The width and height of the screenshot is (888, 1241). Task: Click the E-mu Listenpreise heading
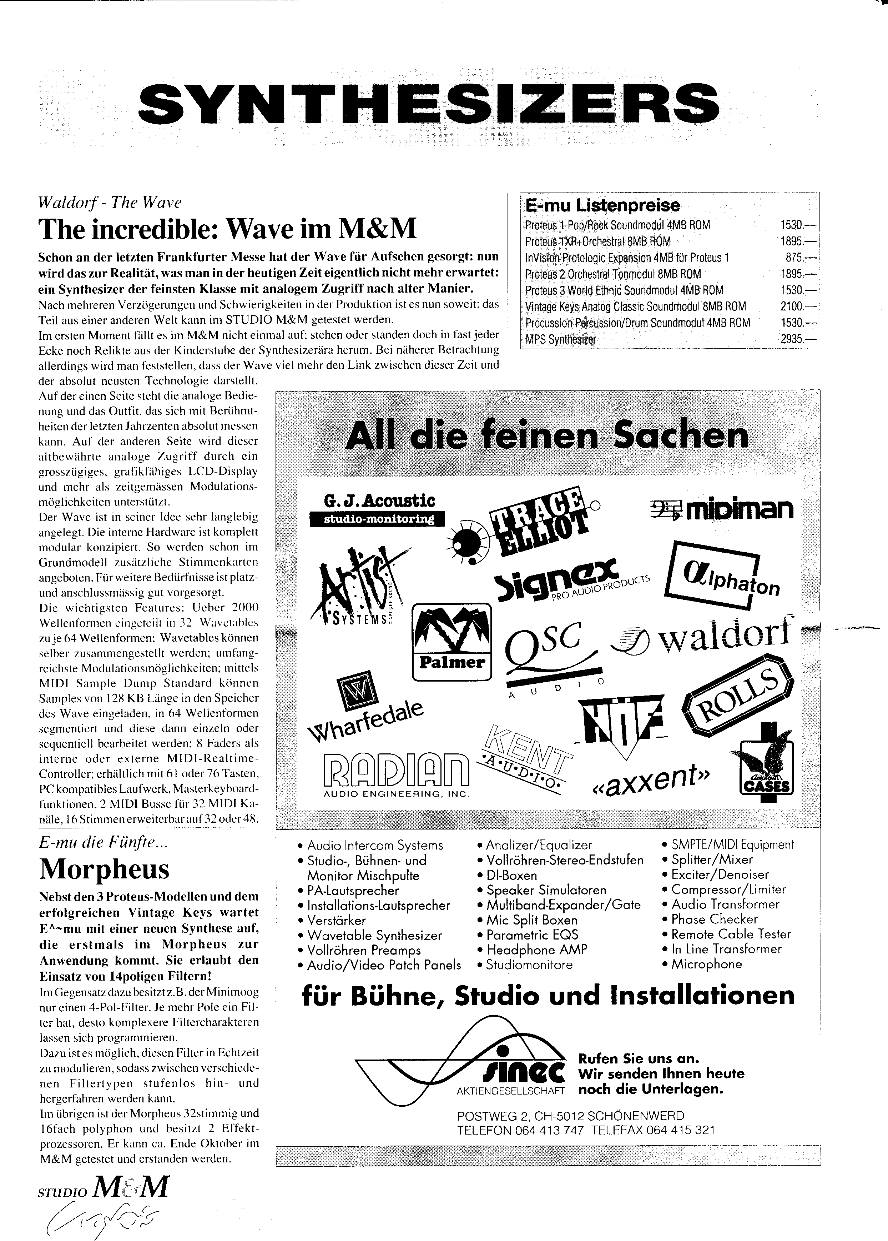tap(602, 206)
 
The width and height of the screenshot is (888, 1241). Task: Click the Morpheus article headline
tap(105, 868)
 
